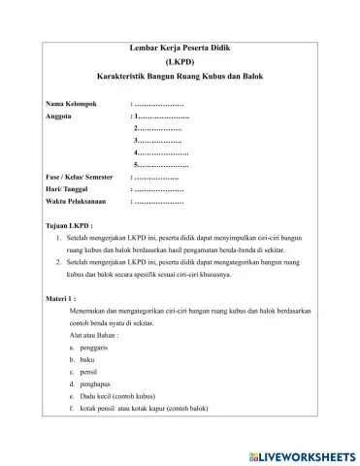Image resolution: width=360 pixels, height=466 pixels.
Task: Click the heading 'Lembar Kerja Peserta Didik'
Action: click(x=180, y=47)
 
